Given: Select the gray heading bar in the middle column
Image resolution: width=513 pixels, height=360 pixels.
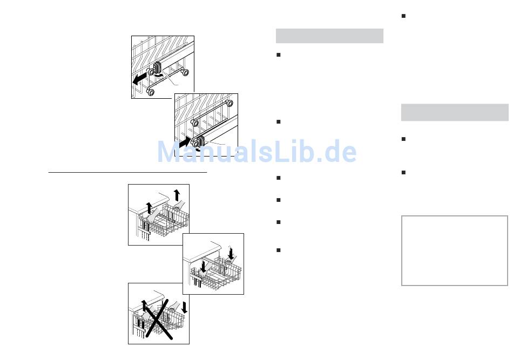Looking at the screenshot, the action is (x=329, y=36).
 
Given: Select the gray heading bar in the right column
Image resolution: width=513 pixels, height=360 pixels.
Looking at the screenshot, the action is (x=455, y=112).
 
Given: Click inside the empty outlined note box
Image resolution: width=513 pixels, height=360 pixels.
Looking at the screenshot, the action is (x=455, y=250).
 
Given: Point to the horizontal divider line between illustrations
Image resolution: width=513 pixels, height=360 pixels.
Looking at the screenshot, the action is (x=127, y=172).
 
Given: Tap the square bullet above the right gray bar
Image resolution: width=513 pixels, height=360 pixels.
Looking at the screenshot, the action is (x=403, y=16).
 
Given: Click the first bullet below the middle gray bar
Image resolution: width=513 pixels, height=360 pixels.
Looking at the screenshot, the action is (x=279, y=55).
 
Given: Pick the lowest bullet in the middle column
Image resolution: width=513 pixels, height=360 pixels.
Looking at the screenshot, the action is (x=279, y=250).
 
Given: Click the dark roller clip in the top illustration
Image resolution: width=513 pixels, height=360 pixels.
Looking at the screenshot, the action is (x=157, y=67).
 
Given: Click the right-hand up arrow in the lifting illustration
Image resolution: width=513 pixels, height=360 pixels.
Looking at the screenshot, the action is (x=177, y=195).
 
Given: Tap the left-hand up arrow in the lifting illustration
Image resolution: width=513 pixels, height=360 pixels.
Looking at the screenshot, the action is (x=149, y=208).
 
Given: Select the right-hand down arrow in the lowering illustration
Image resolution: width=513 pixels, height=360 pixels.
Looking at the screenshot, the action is (x=231, y=253).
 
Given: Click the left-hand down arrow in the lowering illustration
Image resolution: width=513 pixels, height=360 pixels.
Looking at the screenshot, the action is (x=204, y=266).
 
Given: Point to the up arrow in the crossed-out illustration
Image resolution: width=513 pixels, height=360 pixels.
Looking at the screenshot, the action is (x=144, y=305).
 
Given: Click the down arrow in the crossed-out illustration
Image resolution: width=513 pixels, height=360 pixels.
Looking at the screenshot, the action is (x=184, y=307).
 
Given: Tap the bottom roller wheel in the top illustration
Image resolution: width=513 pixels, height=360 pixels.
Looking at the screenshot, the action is (x=151, y=92).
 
